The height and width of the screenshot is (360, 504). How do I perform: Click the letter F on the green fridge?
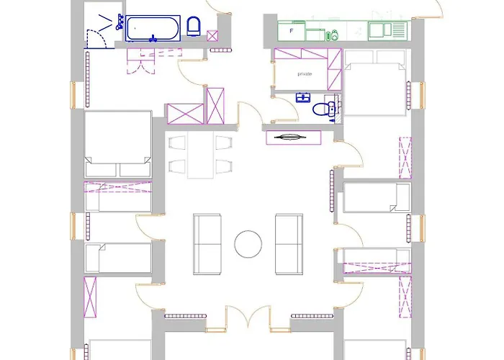[x=291, y=31]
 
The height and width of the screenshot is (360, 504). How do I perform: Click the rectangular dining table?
[x=202, y=156]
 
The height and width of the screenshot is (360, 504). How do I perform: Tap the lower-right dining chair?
[x=224, y=168]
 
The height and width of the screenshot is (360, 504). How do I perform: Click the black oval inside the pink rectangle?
[x=292, y=137]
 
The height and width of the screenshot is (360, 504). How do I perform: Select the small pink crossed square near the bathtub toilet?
[x=212, y=35]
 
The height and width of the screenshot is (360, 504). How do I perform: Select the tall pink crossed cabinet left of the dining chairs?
[x=215, y=106]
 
